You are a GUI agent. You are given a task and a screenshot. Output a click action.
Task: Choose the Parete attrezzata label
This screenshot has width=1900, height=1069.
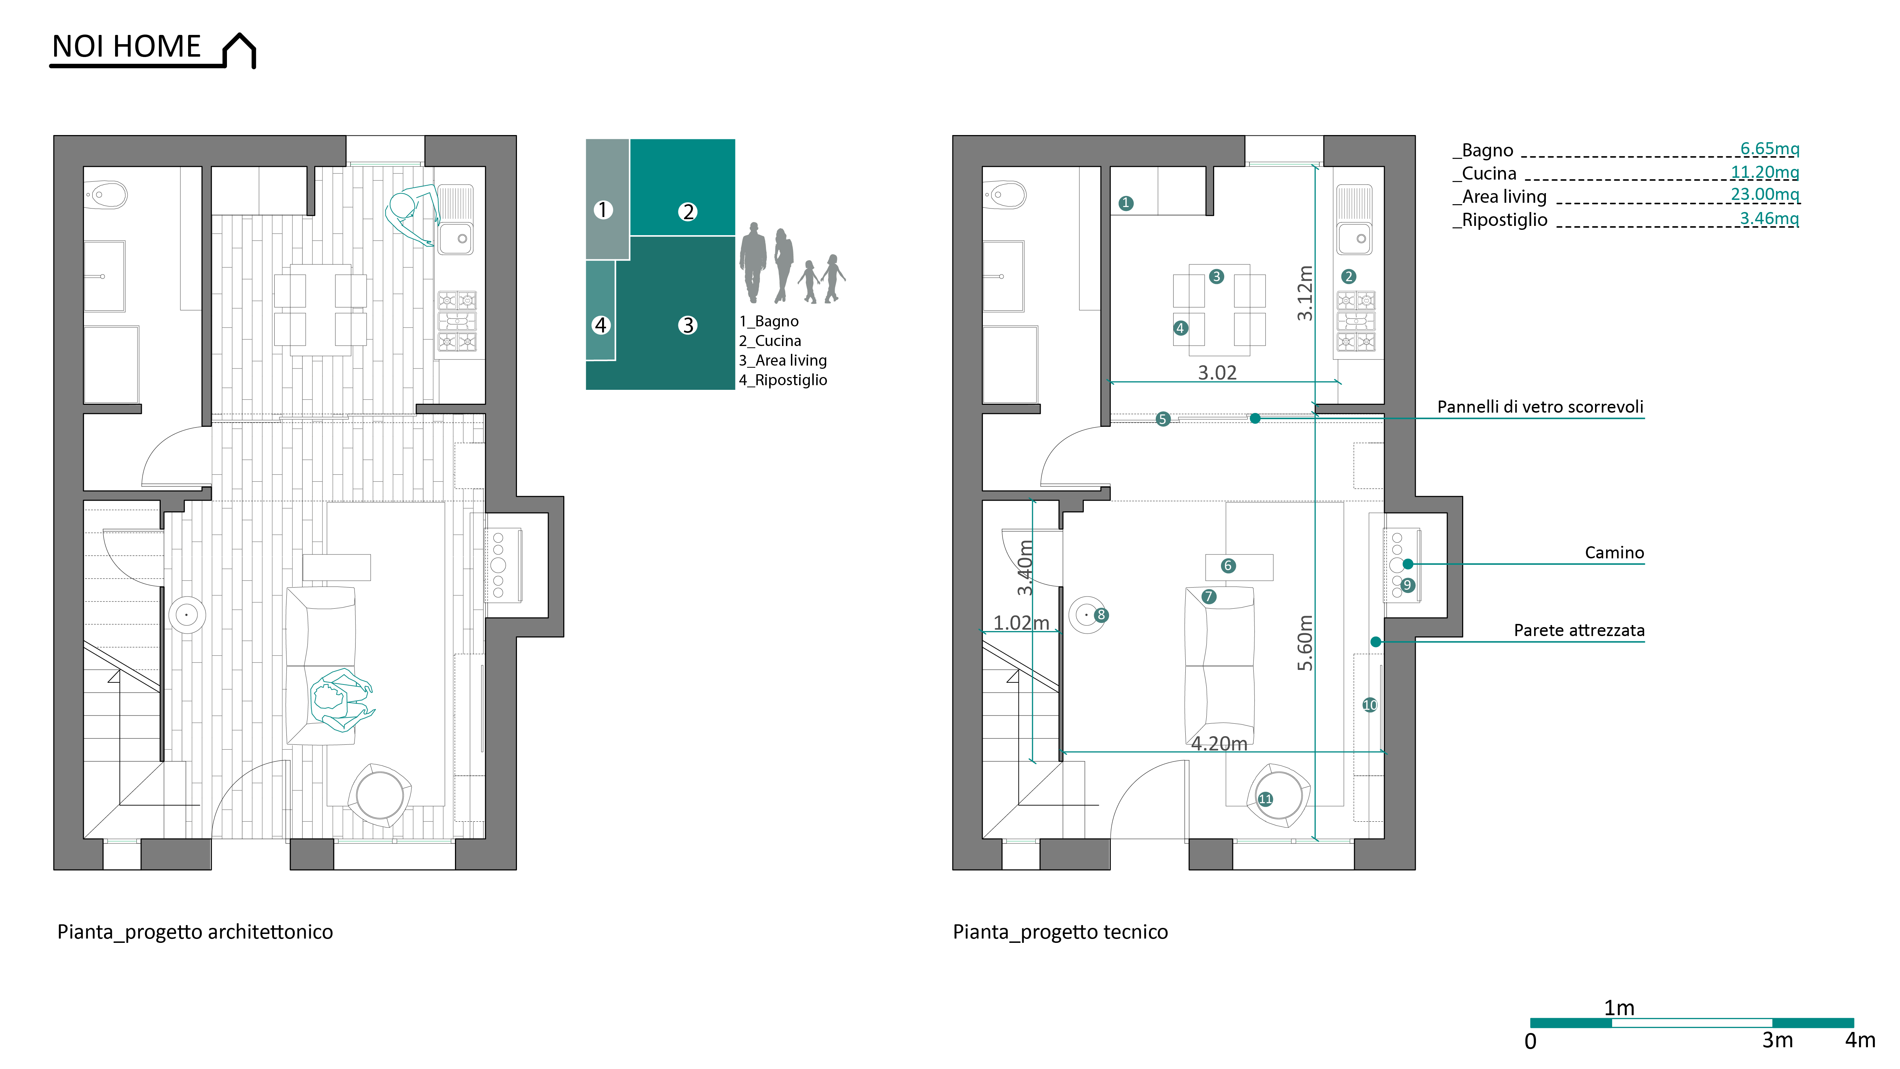[1579, 630]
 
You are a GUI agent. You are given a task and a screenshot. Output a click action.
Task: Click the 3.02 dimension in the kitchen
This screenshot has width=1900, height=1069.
[1217, 373]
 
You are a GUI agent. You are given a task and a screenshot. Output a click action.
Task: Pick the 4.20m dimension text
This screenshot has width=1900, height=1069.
[1219, 744]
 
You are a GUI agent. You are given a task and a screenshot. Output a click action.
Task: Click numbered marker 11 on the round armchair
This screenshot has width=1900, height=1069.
[1266, 799]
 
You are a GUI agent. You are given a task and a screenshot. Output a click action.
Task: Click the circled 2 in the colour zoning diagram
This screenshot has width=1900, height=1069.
[687, 212]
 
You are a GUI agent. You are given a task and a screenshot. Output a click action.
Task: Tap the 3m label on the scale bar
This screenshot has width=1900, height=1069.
[1777, 1040]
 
